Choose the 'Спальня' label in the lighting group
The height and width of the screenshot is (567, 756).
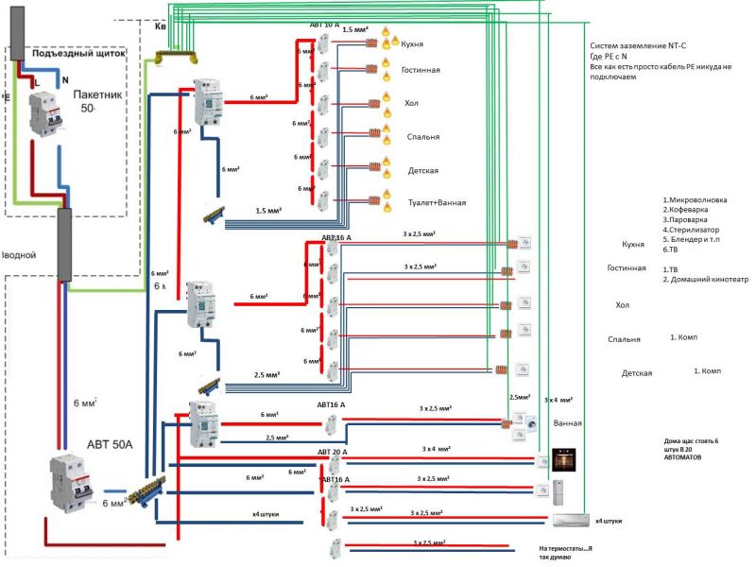pos(421,137)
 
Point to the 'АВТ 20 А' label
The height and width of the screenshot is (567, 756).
pos(332,452)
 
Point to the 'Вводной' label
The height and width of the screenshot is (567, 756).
pos(19,255)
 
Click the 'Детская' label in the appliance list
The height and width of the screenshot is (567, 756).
pos(637,373)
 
